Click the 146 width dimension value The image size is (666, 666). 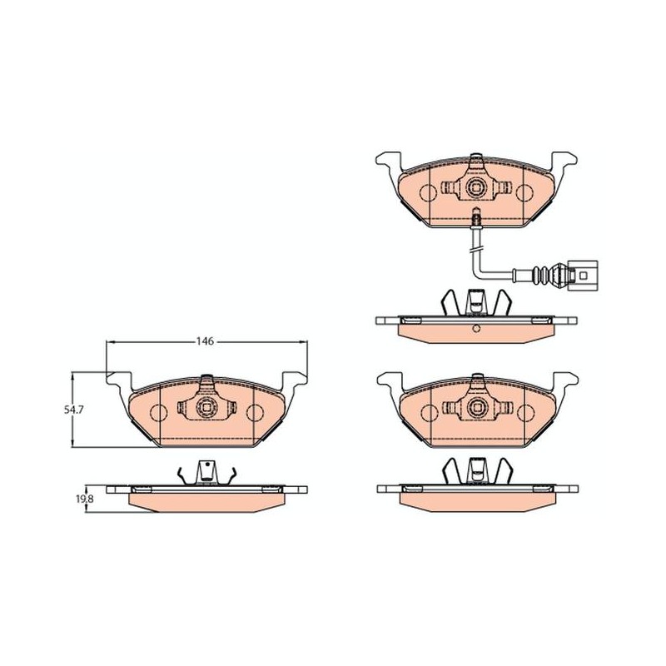pyautogui.click(x=204, y=341)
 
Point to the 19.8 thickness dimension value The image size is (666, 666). pyautogui.click(x=84, y=499)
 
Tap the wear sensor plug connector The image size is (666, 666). pyautogui.click(x=581, y=276)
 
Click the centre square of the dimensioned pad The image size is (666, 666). pyautogui.click(x=206, y=408)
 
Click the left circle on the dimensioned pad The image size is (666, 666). pyautogui.click(x=159, y=413)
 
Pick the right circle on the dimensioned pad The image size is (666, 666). pyautogui.click(x=255, y=413)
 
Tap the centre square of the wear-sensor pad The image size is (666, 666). pyautogui.click(x=476, y=186)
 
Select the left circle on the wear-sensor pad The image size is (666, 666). pyautogui.click(x=428, y=193)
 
